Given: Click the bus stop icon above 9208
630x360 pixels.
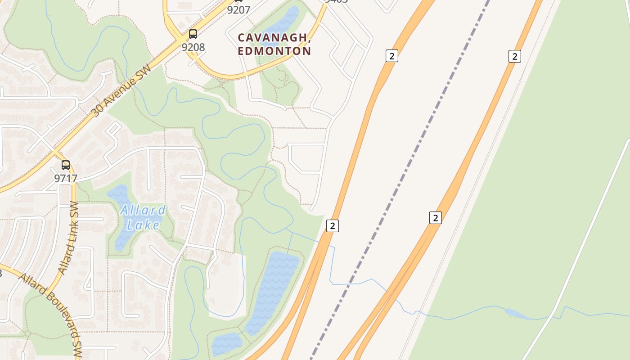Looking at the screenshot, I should tap(193, 34).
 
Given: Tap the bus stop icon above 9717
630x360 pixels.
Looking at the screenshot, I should tap(66, 165).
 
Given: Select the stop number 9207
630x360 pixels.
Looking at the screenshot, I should tap(238, 10).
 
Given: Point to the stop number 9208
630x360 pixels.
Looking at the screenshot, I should tap(193, 47).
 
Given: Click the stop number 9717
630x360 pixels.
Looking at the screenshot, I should tap(66, 178).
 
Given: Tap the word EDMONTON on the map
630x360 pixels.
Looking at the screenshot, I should tap(274, 51).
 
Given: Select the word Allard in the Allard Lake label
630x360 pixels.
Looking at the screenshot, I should tap(143, 210).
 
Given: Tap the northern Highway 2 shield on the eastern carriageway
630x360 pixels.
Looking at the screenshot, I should tap(514, 56).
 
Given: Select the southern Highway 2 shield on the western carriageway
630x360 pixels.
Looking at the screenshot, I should tap(332, 226).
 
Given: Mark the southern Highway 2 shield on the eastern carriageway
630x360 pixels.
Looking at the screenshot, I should tap(435, 218).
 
